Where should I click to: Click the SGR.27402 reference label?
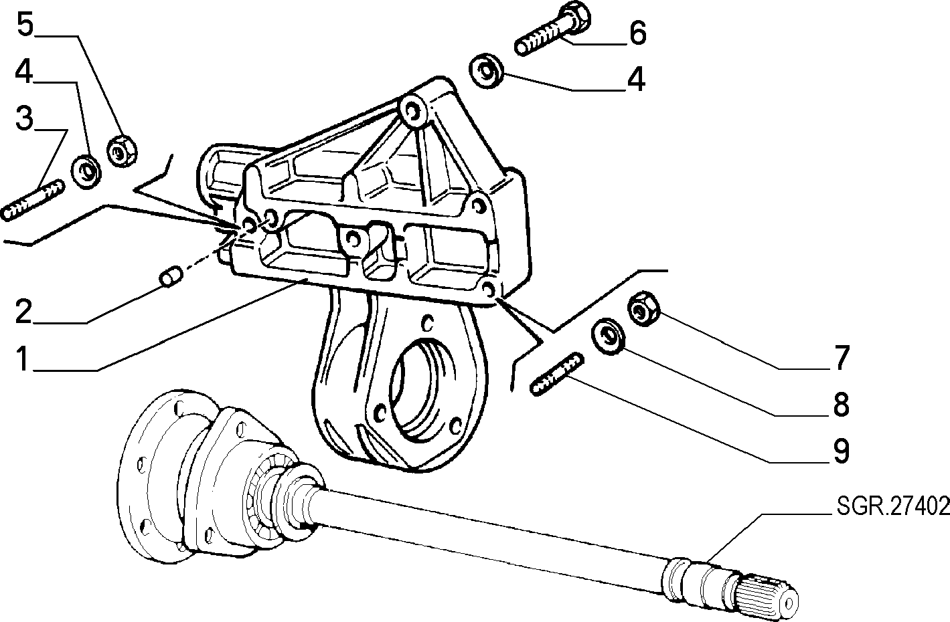[892, 506]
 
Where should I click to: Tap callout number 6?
[637, 33]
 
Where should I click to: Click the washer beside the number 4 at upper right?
[486, 71]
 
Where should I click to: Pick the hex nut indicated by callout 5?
[122, 150]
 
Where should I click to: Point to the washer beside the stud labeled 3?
[86, 172]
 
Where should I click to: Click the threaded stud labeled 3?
[32, 200]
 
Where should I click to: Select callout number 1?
[23, 358]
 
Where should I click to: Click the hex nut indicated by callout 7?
[644, 308]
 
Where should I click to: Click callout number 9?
[842, 451]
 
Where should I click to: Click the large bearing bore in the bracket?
[420, 390]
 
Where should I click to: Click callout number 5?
[25, 24]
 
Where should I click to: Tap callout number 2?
[23, 312]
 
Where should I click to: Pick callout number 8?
[842, 404]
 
